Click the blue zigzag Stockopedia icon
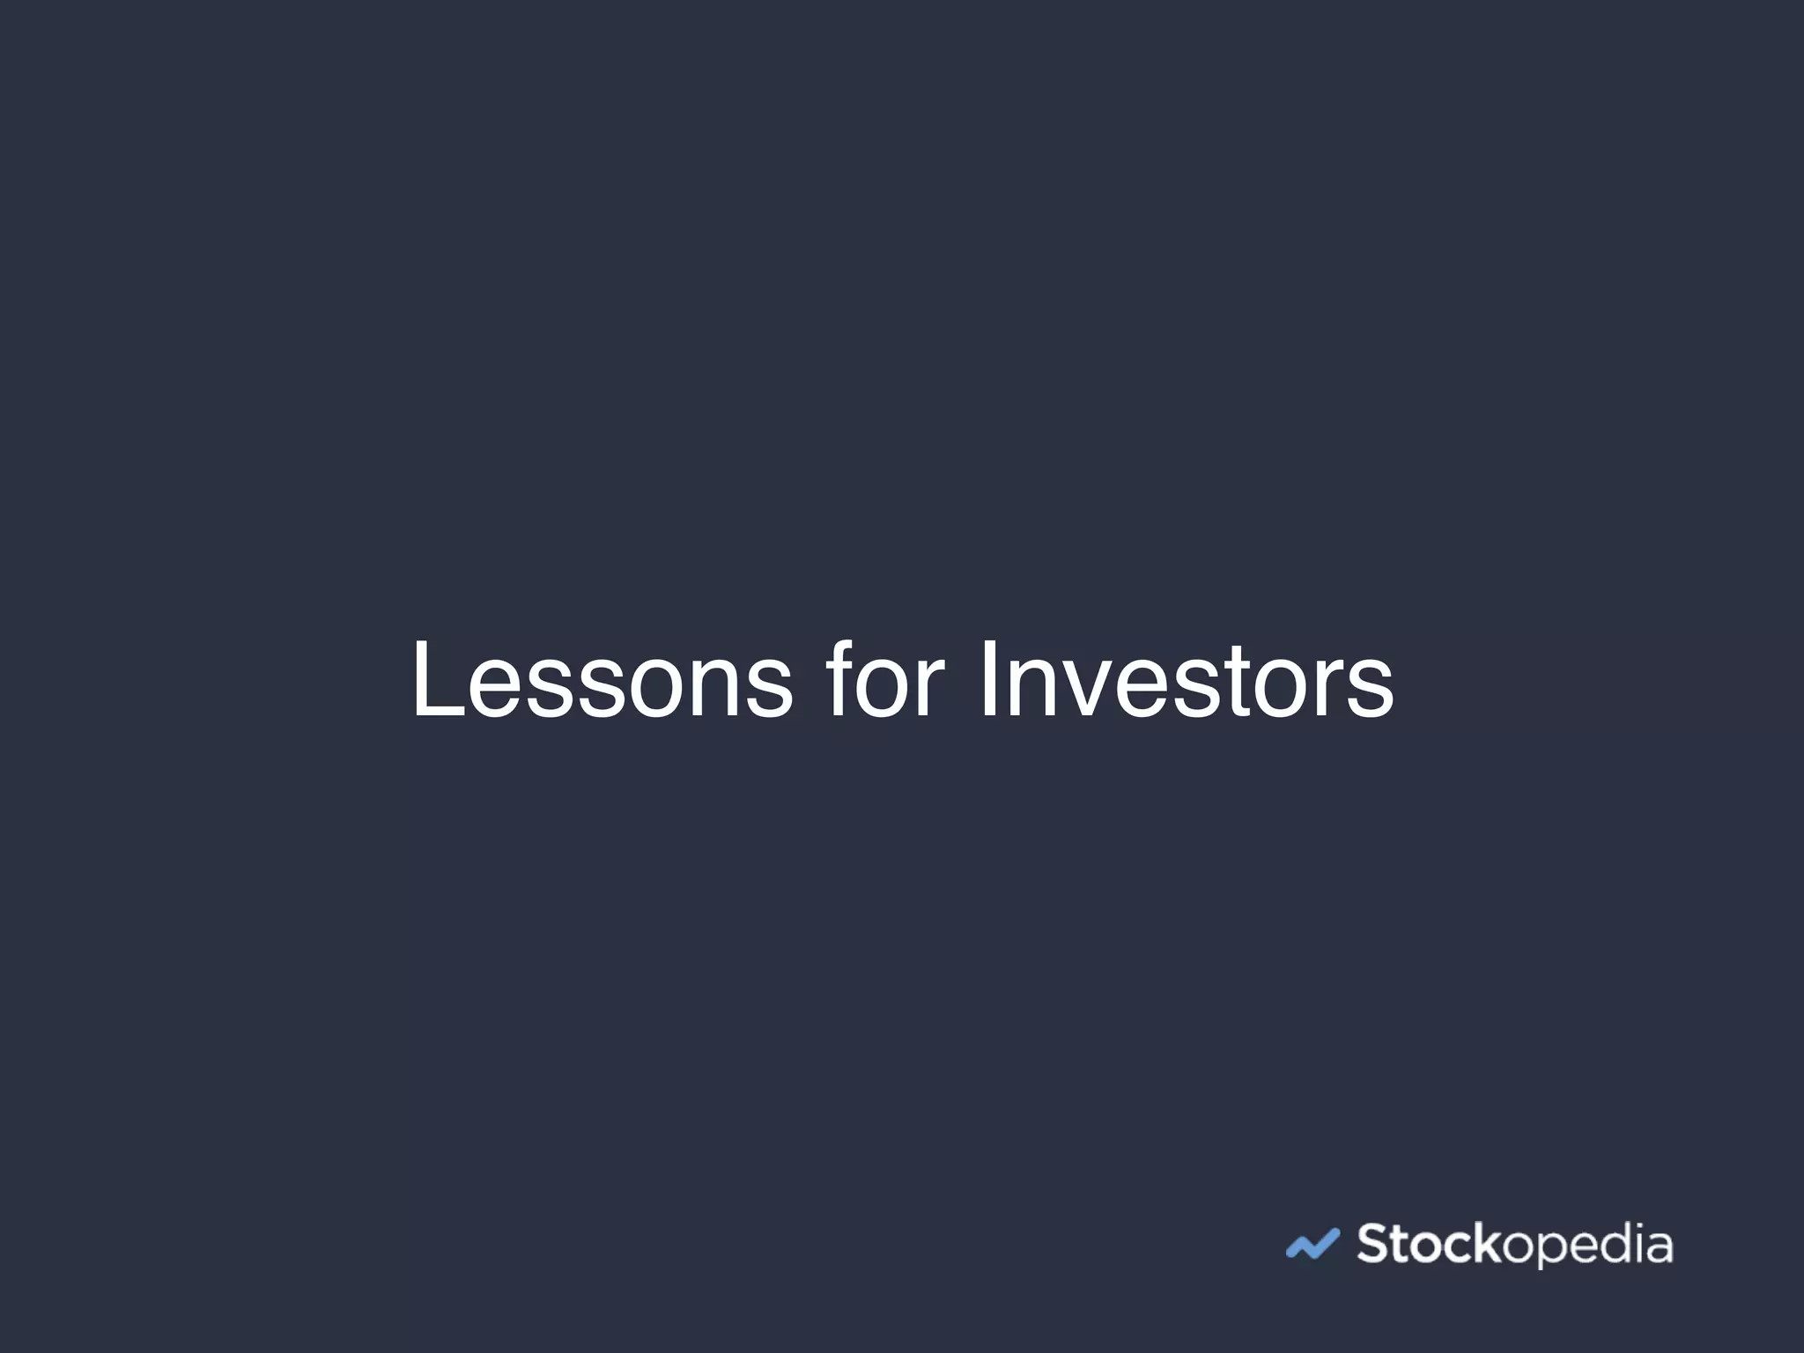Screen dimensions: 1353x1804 click(1312, 1244)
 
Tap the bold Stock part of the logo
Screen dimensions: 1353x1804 click(1427, 1244)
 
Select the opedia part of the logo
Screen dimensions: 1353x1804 click(1586, 1246)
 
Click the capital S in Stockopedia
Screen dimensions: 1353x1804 click(1371, 1244)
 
